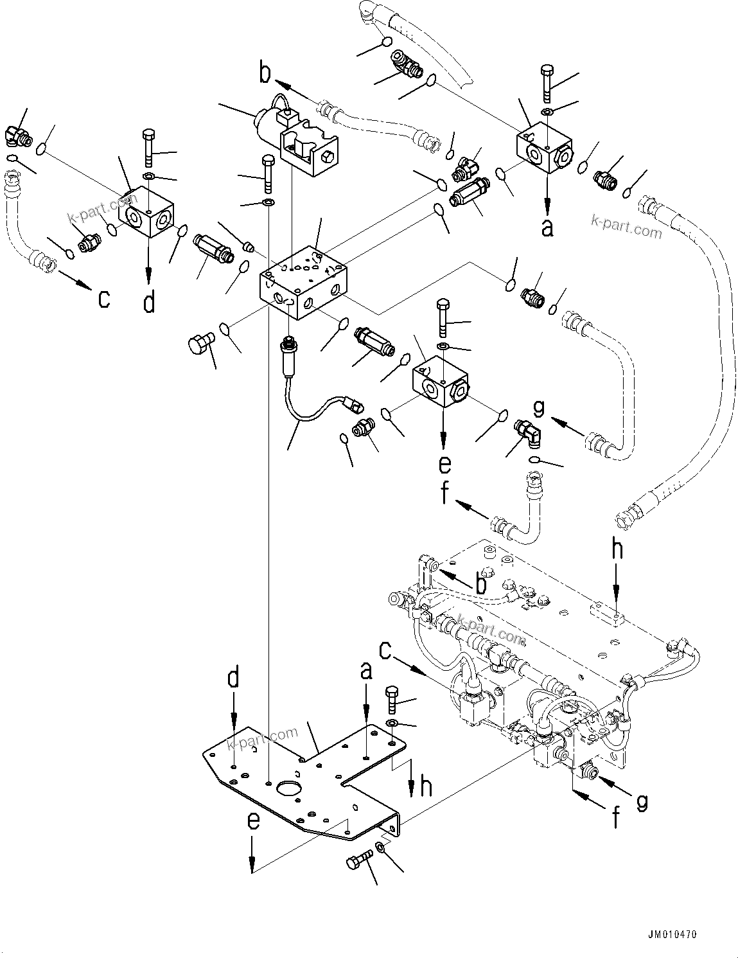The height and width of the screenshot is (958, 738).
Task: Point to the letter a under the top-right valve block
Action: [547, 227]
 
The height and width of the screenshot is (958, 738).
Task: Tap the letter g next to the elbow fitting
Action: [538, 407]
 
